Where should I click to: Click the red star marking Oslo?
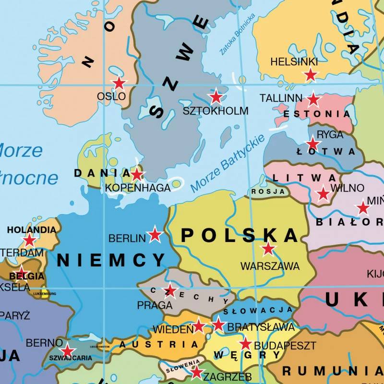click(x=119, y=84)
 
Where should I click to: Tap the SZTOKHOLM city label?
click(x=216, y=111)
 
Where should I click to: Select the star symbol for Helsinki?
click(x=311, y=75)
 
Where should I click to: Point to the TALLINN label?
click(x=281, y=98)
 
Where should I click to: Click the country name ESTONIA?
click(x=317, y=114)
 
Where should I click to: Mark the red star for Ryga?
click(x=313, y=144)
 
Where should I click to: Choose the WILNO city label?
click(x=348, y=188)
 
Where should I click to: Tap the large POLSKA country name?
click(x=240, y=235)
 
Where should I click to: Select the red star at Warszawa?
click(x=268, y=249)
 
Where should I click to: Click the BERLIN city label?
click(x=127, y=238)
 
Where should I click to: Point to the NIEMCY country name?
click(x=111, y=260)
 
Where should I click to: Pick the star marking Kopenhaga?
click(x=137, y=174)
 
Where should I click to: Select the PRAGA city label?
click(x=155, y=305)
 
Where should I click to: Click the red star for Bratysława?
click(x=218, y=324)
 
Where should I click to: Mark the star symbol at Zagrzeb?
click(x=196, y=372)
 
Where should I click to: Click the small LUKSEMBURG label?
click(x=45, y=293)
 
